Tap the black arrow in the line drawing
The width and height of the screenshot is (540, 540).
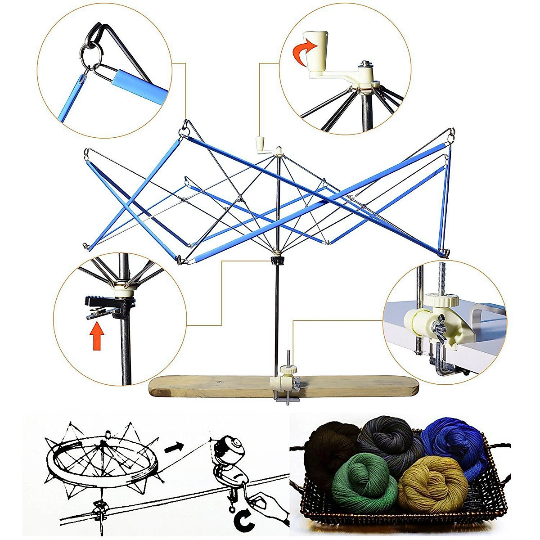point(174,446)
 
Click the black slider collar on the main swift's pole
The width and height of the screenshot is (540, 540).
point(278,260)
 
